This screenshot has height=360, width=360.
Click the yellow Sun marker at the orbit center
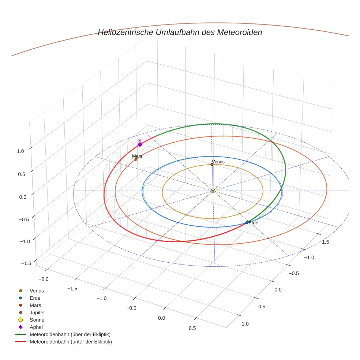[x=213, y=191]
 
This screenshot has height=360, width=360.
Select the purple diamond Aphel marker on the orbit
[x=140, y=145]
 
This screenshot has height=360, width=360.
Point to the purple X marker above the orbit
[x=140, y=140]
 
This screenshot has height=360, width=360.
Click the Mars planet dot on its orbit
[x=136, y=159]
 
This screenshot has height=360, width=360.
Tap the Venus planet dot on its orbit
[x=212, y=165]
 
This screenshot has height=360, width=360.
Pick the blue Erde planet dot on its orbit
[x=247, y=222]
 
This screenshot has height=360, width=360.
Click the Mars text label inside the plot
[x=137, y=156]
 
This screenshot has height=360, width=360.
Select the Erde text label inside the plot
[x=254, y=223]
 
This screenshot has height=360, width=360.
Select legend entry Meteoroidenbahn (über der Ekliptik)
[x=70, y=334]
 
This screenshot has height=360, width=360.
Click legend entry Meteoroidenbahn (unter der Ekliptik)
[x=71, y=342]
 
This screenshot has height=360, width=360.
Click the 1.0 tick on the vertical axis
[x=20, y=151]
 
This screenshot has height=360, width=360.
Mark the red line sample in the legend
[x=20, y=342]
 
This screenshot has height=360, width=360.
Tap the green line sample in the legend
[x=20, y=334]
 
